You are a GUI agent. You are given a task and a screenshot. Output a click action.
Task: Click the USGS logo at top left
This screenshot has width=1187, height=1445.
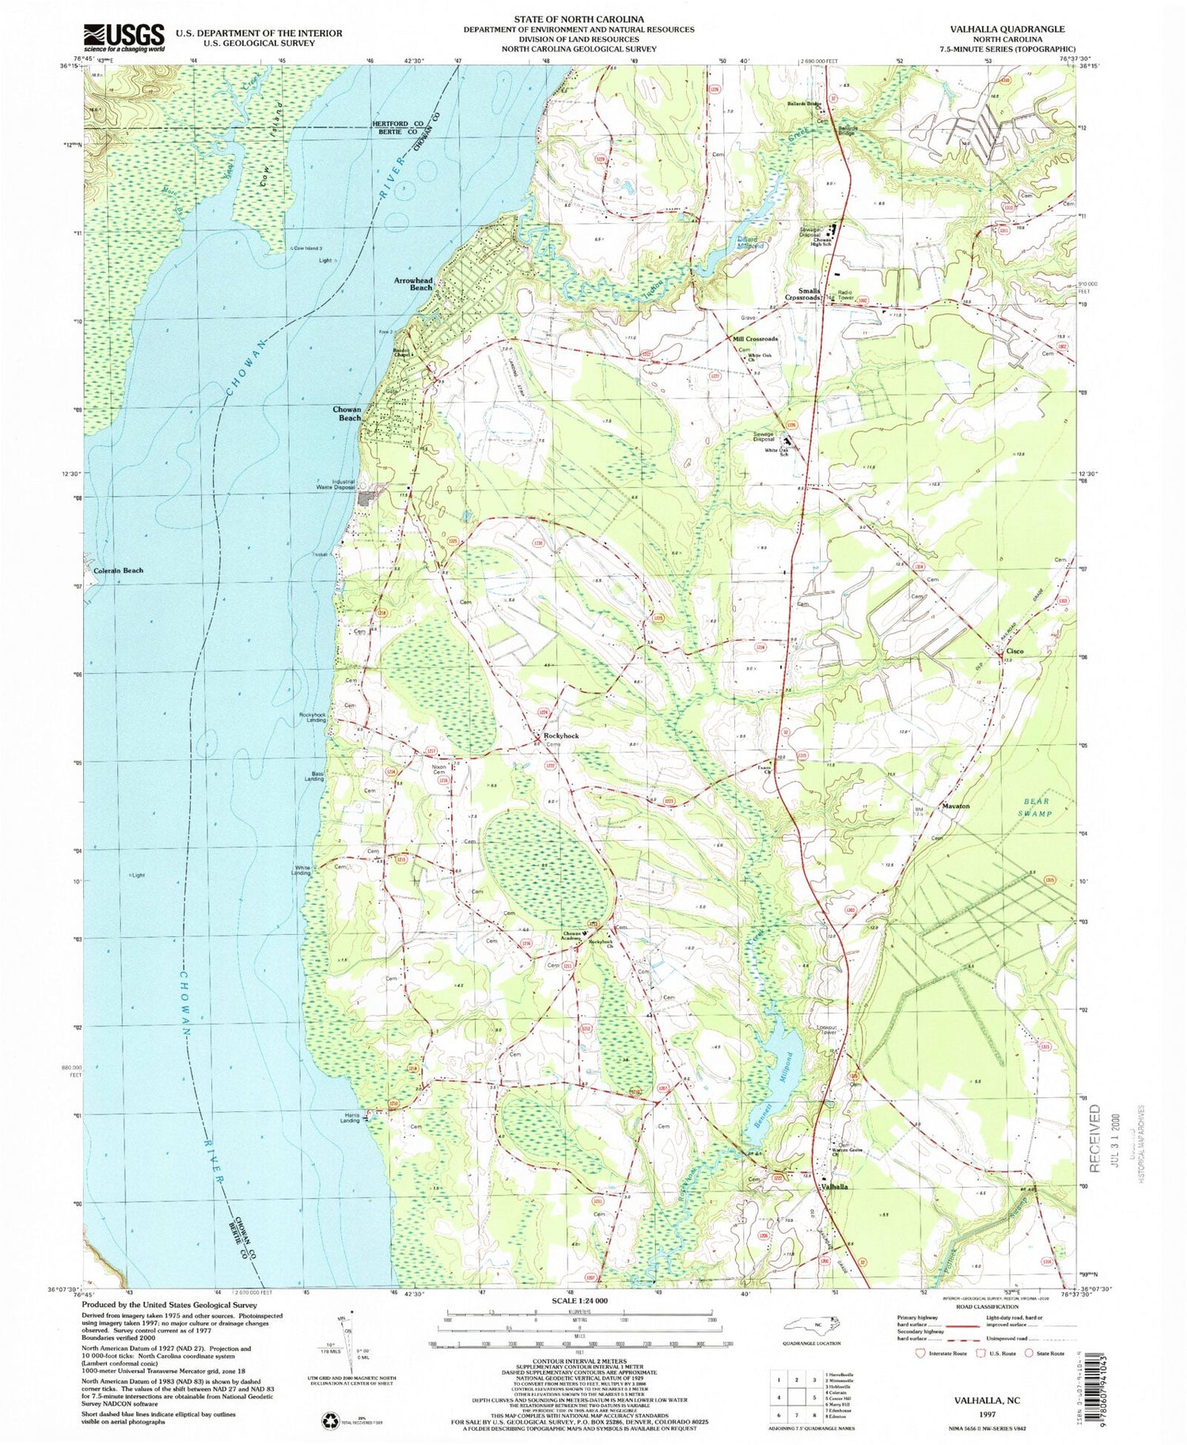(124, 36)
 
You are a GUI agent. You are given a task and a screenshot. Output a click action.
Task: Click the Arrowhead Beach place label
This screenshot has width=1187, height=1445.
(413, 284)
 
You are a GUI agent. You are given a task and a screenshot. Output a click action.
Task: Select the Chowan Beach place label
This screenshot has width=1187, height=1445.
(347, 414)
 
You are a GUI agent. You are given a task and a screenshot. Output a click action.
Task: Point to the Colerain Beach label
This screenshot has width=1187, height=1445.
(119, 570)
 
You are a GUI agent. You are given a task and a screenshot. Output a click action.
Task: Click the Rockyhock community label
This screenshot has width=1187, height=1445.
(560, 736)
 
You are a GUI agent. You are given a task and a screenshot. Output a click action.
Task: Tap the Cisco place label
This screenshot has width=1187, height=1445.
(1014, 651)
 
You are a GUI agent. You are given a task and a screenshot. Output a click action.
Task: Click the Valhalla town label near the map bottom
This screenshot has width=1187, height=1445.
(834, 1187)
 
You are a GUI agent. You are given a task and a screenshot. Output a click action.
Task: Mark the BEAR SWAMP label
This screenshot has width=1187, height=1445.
(1034, 807)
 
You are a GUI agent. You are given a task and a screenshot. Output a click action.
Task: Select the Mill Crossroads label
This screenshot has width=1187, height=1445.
(755, 339)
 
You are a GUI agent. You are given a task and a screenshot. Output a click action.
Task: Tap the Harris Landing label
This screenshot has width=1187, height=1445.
(350, 1118)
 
